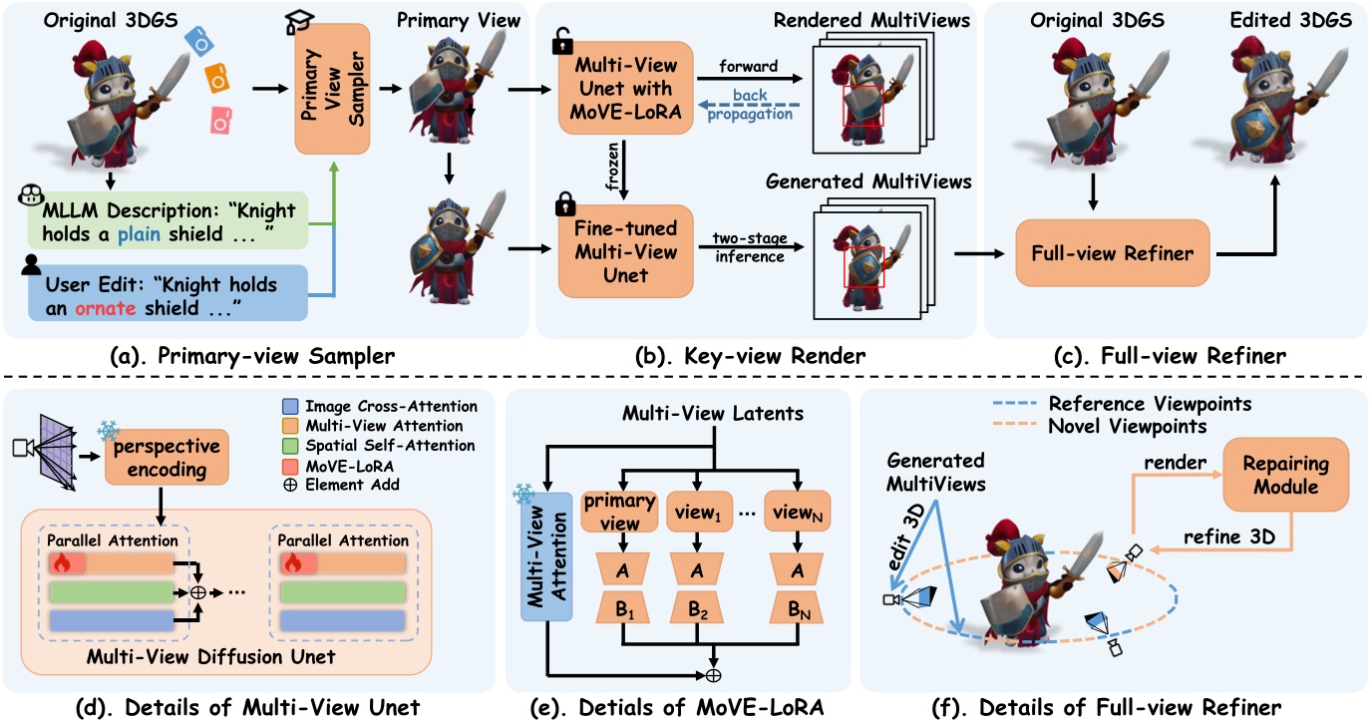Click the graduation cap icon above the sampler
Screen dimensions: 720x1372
297,22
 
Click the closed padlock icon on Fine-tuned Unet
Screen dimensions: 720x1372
564,206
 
